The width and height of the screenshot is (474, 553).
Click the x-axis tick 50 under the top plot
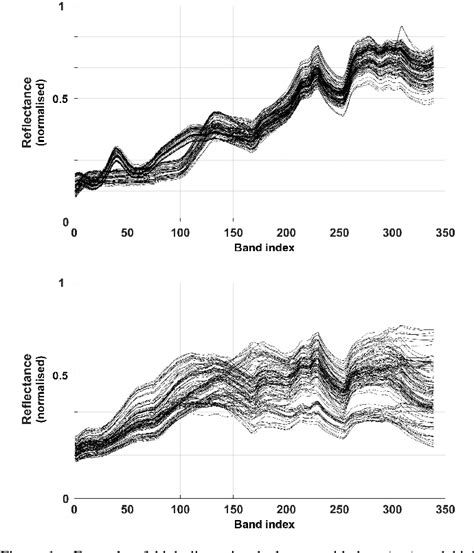[127, 233]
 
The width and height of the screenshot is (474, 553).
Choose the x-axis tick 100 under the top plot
[179, 233]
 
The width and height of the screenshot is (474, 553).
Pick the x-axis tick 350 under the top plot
[441, 233]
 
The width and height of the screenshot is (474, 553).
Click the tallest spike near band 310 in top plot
[401, 28]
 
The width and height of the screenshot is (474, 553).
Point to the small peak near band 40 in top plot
[116, 151]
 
